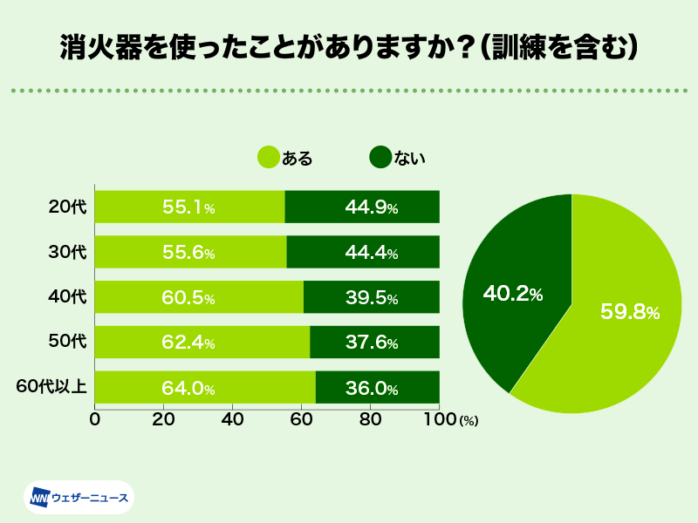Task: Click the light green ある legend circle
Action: [268, 157]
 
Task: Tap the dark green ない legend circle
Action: [380, 157]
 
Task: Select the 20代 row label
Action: [67, 207]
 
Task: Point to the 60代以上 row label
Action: [51, 387]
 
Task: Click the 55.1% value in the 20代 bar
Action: [188, 207]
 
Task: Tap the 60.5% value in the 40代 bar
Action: [188, 298]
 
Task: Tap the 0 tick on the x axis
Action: [94, 419]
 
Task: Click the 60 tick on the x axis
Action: [301, 419]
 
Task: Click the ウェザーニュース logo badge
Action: [78, 498]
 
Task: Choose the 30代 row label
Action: [67, 253]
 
